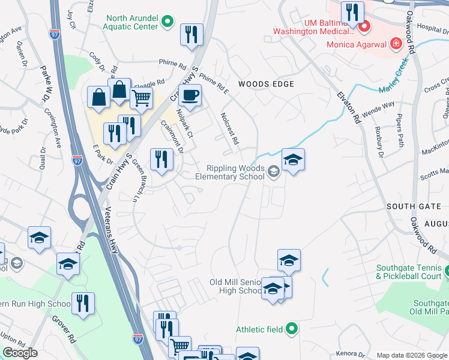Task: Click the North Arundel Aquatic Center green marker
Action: coord(168,24)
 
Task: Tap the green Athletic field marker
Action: coord(291,328)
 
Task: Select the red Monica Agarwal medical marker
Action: coord(395,44)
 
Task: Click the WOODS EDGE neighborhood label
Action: coord(266,84)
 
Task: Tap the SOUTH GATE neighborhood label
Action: coord(414,206)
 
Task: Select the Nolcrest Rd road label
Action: coord(230,129)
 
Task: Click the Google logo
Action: coord(20,353)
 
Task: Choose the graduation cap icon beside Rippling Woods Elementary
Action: coord(293,160)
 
